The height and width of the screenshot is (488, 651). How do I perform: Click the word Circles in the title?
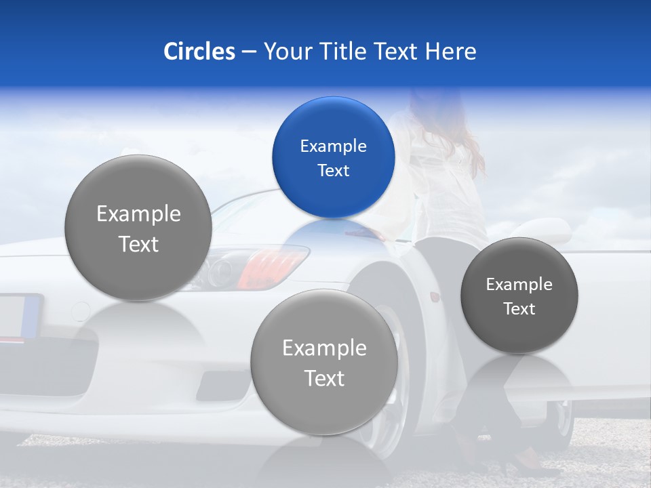(199, 52)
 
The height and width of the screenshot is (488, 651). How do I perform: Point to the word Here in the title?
(451, 52)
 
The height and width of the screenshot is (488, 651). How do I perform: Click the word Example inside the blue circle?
(333, 146)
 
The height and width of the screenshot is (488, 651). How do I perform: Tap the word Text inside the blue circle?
(333, 170)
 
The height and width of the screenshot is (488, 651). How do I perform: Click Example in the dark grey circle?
(519, 285)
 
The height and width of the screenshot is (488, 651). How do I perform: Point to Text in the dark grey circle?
(519, 309)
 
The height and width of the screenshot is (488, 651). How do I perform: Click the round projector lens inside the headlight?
(221, 271)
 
